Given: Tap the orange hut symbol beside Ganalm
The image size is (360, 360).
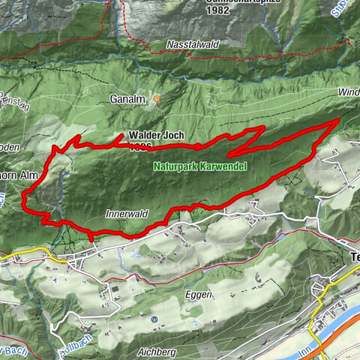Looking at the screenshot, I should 156,98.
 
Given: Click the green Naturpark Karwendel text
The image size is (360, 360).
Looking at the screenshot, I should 199,166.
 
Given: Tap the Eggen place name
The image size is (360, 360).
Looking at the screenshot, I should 196,295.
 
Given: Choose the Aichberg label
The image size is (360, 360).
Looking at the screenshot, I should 157,351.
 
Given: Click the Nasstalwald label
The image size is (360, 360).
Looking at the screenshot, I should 194,45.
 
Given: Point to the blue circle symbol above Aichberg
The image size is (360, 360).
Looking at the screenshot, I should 154,319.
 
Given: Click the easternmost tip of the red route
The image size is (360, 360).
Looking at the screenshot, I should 338,118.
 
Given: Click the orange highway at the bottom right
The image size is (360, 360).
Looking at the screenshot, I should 337,334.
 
